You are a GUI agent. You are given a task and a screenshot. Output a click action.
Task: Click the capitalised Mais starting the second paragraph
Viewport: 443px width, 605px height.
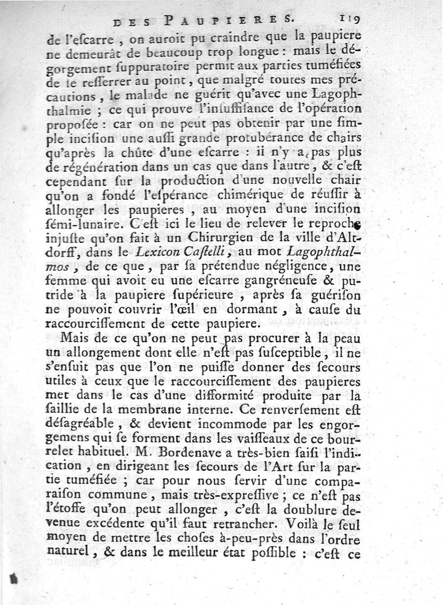click(79, 337)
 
